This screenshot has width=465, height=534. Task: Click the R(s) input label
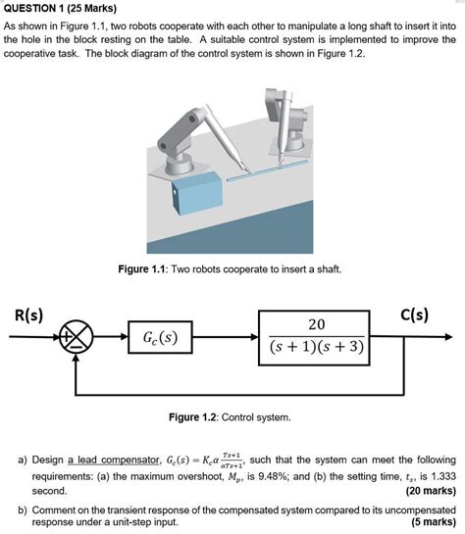coord(28,316)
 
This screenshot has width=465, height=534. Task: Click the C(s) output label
coord(414,315)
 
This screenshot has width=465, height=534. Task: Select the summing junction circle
coord(76,337)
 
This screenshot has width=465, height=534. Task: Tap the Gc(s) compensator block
coord(160,337)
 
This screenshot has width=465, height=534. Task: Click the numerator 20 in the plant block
coord(316,324)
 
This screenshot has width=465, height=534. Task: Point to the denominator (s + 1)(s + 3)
coord(316,347)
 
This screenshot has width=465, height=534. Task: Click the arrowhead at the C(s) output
coord(448,337)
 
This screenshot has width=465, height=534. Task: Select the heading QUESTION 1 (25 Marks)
coord(60,8)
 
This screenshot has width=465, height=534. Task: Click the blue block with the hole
coord(197,194)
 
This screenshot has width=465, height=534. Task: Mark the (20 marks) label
coord(431,491)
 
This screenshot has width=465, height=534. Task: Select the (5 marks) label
coord(434,521)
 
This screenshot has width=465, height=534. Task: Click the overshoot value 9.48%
coord(273,476)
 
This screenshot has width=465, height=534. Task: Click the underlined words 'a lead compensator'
coord(113,461)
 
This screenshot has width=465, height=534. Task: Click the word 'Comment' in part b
coord(53,510)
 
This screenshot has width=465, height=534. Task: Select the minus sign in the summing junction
coord(77,348)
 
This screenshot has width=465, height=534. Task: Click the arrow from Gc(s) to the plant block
coord(226,337)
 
